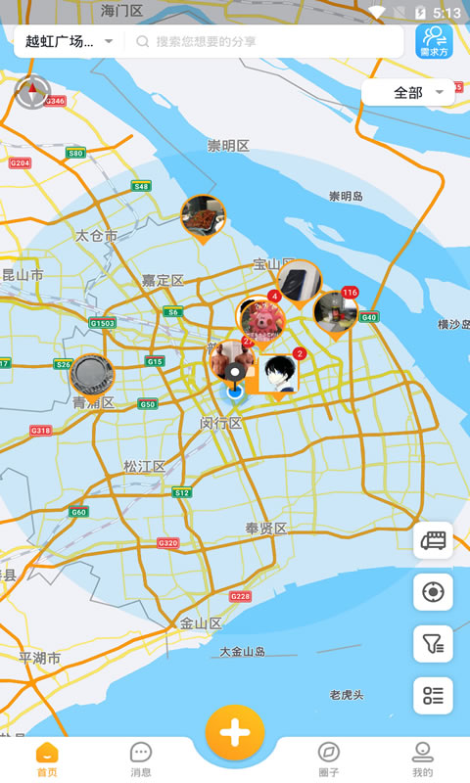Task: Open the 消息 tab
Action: point(141,759)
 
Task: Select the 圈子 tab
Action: point(329,759)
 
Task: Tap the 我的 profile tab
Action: point(422,759)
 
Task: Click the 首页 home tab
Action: point(47,759)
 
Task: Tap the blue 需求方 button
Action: point(433,41)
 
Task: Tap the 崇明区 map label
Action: point(228,146)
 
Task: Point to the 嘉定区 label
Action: point(163,280)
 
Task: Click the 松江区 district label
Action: point(144,466)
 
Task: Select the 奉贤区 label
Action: point(266,529)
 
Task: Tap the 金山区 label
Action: point(201,623)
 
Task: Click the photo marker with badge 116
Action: point(336,311)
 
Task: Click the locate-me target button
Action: point(433,592)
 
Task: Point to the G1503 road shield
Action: point(102,323)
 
